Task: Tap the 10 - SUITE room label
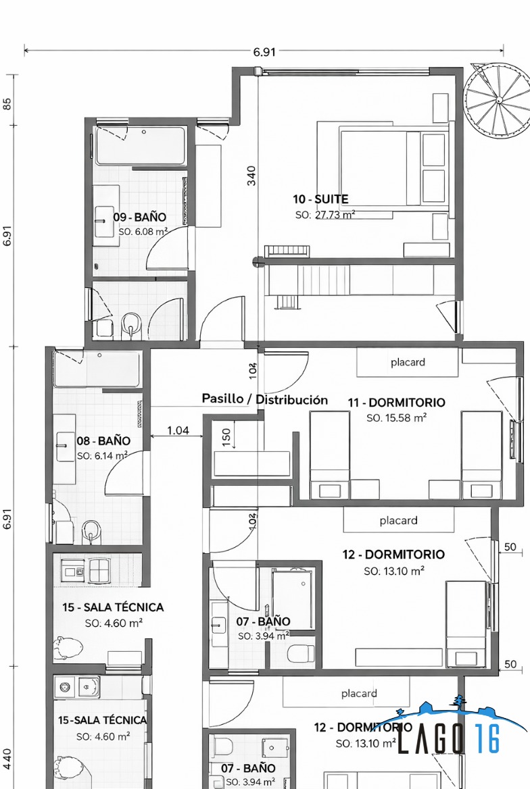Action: click(320, 199)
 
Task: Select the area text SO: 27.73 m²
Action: click(325, 215)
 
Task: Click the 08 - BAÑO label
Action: click(103, 441)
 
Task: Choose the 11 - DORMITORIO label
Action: click(397, 403)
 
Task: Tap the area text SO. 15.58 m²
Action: click(396, 418)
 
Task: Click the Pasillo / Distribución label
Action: click(265, 399)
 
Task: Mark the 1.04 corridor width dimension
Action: click(178, 430)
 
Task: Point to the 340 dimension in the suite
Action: click(251, 176)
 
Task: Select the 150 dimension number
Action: click(227, 436)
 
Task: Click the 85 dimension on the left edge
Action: click(7, 104)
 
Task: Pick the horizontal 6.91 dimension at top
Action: click(264, 51)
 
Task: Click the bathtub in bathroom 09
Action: click(141, 146)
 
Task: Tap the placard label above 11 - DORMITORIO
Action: click(408, 362)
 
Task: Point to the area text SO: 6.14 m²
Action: click(102, 456)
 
